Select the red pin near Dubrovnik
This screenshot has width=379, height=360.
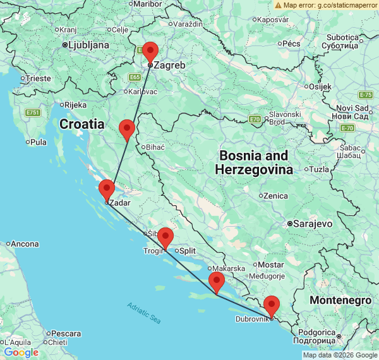272,305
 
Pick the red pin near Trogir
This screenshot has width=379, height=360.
165,237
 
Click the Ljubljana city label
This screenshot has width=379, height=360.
88,45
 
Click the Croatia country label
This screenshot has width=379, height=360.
82,124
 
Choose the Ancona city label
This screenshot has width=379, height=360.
26,244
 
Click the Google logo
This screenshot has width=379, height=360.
21,352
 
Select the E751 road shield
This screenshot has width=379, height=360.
33,112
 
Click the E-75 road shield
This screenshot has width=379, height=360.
365,95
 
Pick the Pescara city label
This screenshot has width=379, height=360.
66,333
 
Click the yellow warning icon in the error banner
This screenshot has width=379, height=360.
279,5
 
